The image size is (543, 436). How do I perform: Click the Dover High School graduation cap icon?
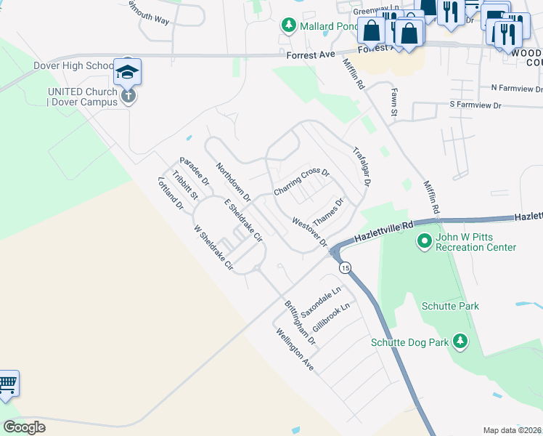click(x=127, y=71)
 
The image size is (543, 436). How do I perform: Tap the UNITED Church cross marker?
click(x=128, y=95)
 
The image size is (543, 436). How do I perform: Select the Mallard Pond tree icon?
click(x=288, y=26)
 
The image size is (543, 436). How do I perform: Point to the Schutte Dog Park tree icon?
click(x=460, y=341)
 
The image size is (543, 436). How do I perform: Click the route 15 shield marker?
click(x=345, y=268)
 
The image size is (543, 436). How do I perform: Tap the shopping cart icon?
click(x=7, y=383)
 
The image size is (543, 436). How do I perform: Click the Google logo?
click(x=25, y=427)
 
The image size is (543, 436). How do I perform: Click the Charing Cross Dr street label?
click(x=301, y=182)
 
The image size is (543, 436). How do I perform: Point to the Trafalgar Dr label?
click(x=362, y=167)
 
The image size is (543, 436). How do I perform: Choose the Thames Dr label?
click(x=327, y=211)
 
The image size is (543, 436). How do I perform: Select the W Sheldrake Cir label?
click(x=213, y=246)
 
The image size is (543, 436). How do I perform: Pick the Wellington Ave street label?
click(x=295, y=350)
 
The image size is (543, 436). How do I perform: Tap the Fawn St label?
click(x=394, y=102)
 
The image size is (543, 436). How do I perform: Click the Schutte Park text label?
click(x=450, y=306)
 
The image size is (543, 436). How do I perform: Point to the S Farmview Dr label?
click(x=475, y=105)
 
